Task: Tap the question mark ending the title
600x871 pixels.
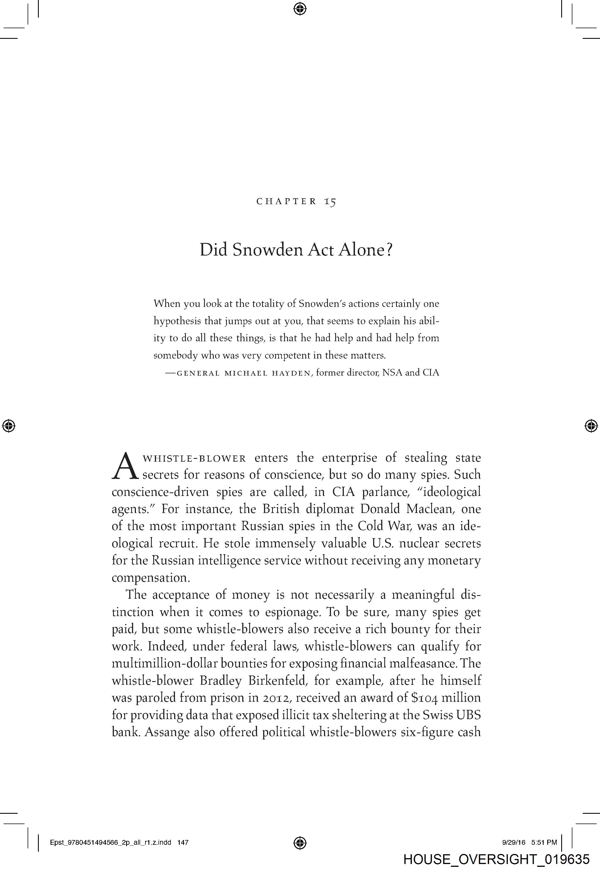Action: tap(389, 250)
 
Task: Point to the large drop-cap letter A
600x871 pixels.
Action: tap(125, 467)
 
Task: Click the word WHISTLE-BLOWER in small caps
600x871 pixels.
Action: tap(195, 459)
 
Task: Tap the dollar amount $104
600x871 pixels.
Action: tap(424, 698)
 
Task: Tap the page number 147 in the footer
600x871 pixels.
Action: tap(183, 843)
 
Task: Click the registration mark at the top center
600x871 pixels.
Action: tap(300, 8)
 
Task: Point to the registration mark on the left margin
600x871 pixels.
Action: tap(9, 426)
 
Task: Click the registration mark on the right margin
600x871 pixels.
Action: tap(591, 426)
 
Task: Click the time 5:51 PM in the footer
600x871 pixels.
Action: tap(544, 843)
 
